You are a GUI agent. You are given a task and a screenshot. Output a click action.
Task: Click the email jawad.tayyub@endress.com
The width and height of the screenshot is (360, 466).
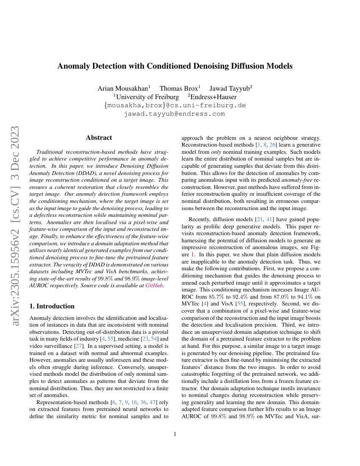click(174, 114)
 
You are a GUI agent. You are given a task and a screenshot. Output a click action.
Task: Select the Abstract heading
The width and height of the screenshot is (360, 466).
click(99, 138)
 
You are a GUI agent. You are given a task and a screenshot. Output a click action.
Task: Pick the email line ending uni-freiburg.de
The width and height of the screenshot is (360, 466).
click(174, 105)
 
